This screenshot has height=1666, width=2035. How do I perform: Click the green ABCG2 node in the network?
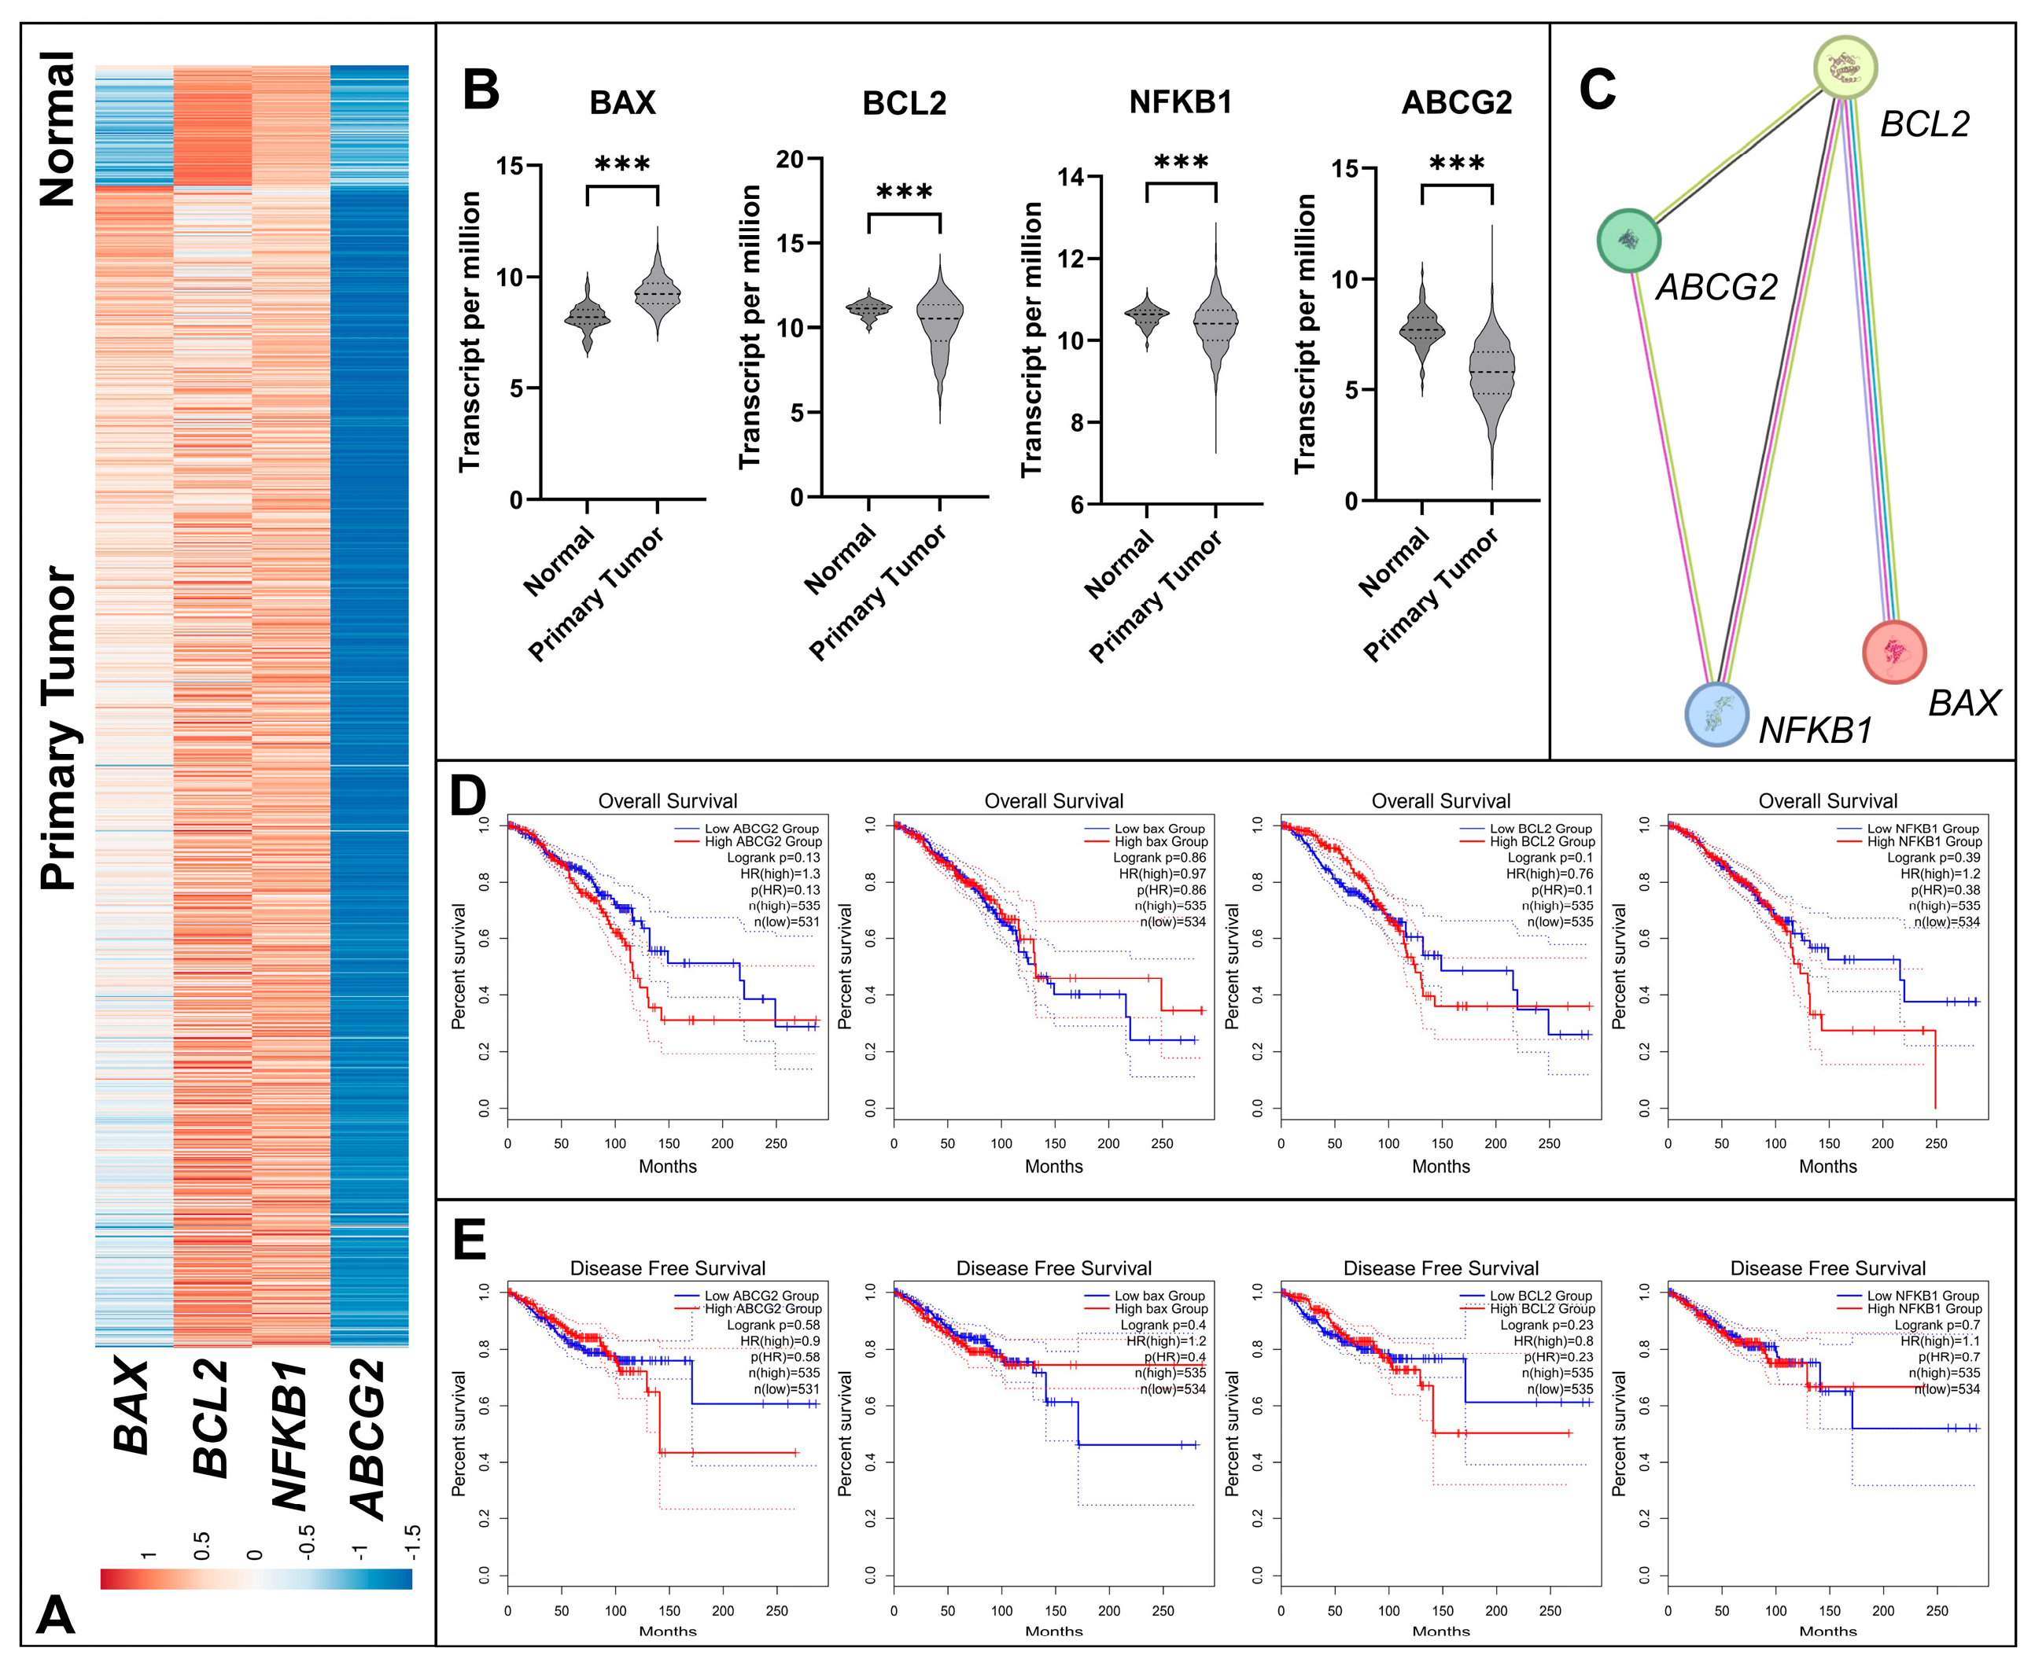click(1629, 240)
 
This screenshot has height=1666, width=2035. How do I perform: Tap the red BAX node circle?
click(1894, 652)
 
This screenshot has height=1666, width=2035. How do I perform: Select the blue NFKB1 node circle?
click(1716, 714)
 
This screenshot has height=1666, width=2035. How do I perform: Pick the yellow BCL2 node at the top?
click(1845, 67)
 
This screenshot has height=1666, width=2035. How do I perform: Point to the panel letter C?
click(1598, 90)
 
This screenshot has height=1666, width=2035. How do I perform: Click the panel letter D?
click(468, 796)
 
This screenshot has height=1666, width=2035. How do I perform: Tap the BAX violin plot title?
click(622, 103)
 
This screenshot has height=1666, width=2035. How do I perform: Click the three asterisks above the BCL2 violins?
click(905, 193)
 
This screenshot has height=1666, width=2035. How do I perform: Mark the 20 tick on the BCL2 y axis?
click(790, 160)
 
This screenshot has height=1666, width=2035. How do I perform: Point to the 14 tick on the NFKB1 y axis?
click(1071, 178)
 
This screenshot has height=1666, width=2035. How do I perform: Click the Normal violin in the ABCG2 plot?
click(1421, 330)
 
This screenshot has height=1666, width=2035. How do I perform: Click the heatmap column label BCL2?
click(211, 1418)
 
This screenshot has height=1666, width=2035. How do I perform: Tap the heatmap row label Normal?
click(57, 129)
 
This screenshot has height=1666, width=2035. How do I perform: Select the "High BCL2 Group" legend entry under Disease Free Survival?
click(1542, 1309)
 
